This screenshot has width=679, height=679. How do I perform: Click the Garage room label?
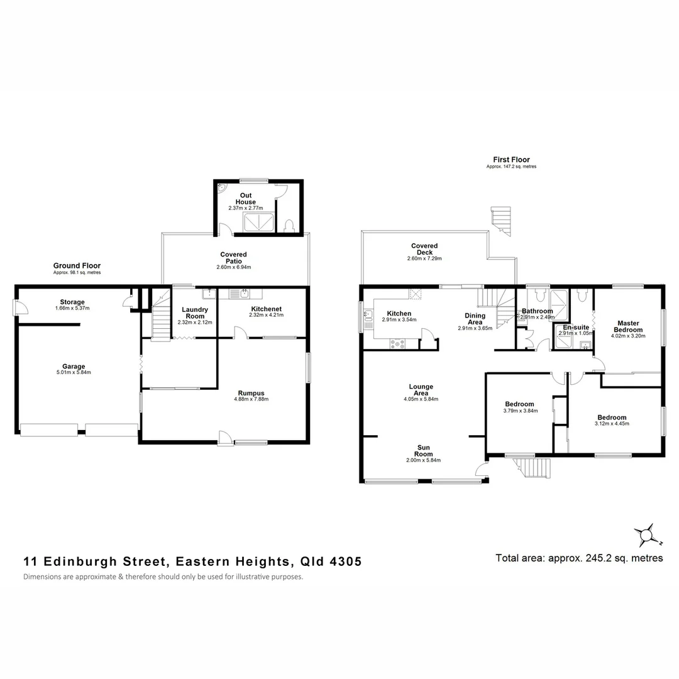[74, 367]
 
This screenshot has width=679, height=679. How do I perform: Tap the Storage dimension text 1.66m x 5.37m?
[72, 308]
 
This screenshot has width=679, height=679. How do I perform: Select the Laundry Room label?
[195, 312]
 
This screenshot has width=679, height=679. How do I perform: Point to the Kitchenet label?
[266, 309]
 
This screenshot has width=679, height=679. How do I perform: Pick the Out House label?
[245, 198]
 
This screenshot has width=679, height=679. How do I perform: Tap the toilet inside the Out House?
[289, 225]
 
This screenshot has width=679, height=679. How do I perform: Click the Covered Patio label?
[233, 258]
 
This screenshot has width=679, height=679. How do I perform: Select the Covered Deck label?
[424, 249]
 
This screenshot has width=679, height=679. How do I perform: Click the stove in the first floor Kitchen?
[397, 343]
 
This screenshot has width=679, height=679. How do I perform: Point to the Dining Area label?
[475, 319]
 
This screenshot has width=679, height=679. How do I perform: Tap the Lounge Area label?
[421, 390]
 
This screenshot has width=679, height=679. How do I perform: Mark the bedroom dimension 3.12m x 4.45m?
[612, 424]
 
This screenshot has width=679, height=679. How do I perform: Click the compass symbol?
[644, 536]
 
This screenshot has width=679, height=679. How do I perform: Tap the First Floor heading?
[511, 160]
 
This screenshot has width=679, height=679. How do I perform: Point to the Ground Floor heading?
[77, 265]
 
